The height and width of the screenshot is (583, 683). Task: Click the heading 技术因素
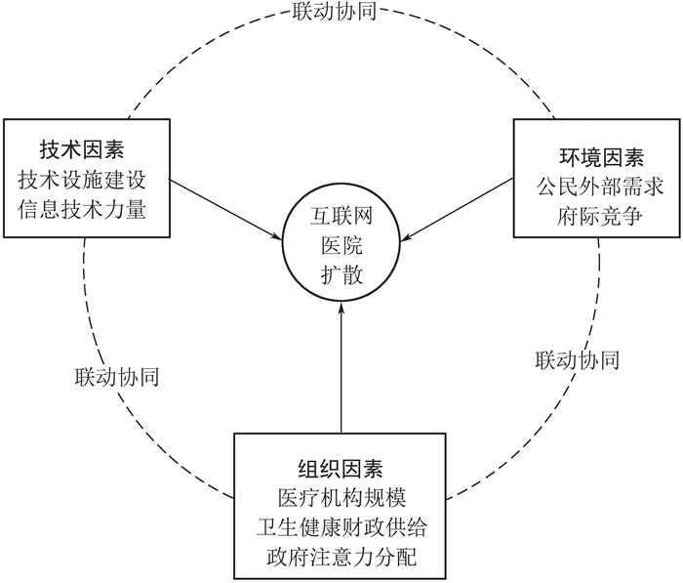click(81, 151)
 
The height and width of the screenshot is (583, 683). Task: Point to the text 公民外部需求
click(595, 186)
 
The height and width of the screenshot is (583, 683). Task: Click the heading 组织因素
click(341, 467)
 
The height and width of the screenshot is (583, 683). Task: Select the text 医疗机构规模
click(341, 496)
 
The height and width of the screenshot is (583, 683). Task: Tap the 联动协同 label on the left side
click(116, 377)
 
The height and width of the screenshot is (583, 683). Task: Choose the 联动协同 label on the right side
click(576, 360)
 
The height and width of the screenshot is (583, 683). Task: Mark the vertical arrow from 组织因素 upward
click(341, 371)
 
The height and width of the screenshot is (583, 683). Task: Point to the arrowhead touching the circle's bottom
click(341, 311)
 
